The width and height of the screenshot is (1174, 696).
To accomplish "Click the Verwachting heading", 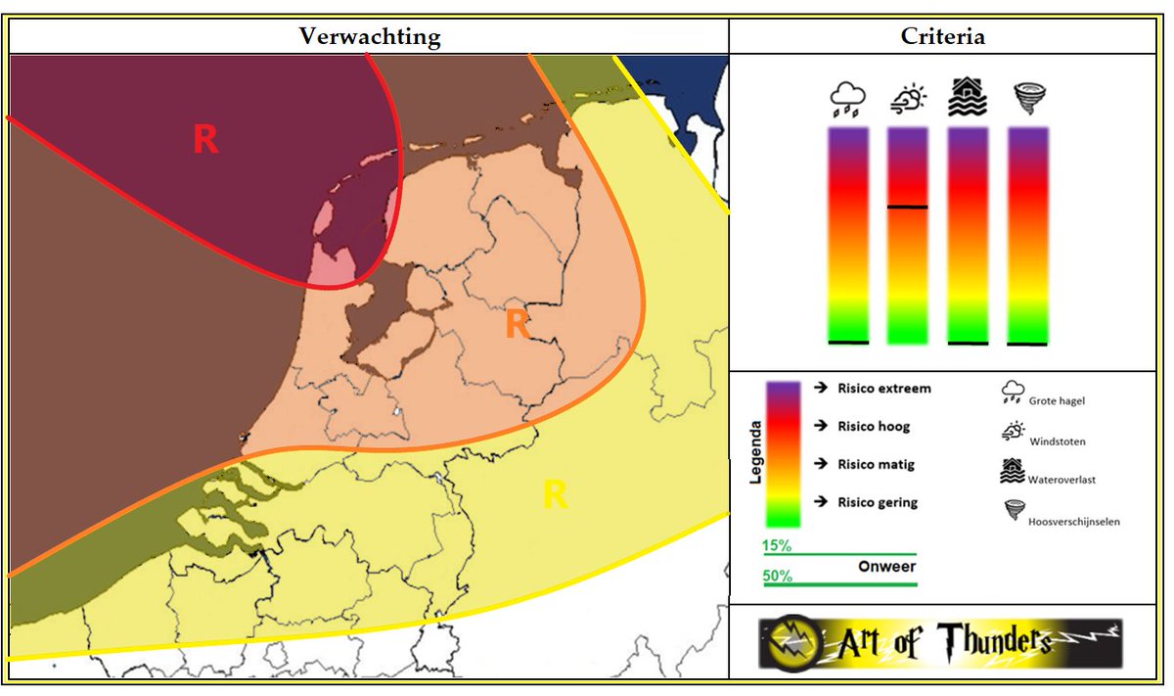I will (x=369, y=37).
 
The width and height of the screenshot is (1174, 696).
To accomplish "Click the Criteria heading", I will (x=943, y=37).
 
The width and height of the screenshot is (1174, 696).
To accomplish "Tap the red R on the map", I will (x=205, y=140).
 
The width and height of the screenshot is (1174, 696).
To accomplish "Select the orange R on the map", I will (x=518, y=324).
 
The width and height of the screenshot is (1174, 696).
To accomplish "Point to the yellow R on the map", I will (x=555, y=495).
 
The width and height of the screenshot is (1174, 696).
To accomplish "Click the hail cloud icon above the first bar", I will (x=847, y=100).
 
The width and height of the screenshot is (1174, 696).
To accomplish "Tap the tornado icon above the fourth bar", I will (x=1027, y=99).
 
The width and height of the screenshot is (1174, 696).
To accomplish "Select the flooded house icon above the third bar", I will (x=968, y=99).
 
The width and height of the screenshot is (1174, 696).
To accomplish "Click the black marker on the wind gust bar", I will (x=907, y=208).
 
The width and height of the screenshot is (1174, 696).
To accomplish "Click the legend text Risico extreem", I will (x=883, y=389).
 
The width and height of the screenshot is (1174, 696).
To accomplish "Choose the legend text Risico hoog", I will (x=873, y=427).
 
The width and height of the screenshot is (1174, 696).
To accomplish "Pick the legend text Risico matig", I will (x=875, y=464).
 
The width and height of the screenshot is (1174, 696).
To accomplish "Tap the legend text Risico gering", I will (x=876, y=502).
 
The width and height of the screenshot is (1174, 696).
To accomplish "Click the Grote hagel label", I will (x=1057, y=400).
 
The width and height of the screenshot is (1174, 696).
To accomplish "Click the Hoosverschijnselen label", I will (x=1073, y=522).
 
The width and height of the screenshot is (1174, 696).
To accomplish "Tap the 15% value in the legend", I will (x=777, y=544).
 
